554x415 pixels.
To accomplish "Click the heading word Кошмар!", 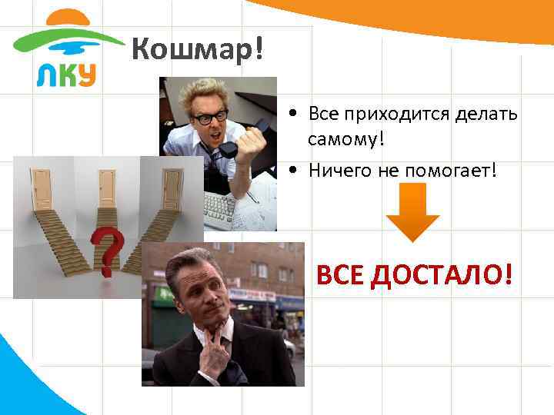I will point(198,51).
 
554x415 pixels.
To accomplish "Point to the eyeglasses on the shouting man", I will point(209,117).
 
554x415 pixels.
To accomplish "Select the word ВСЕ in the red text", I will point(340,274).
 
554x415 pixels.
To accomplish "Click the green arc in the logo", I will point(62,38).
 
